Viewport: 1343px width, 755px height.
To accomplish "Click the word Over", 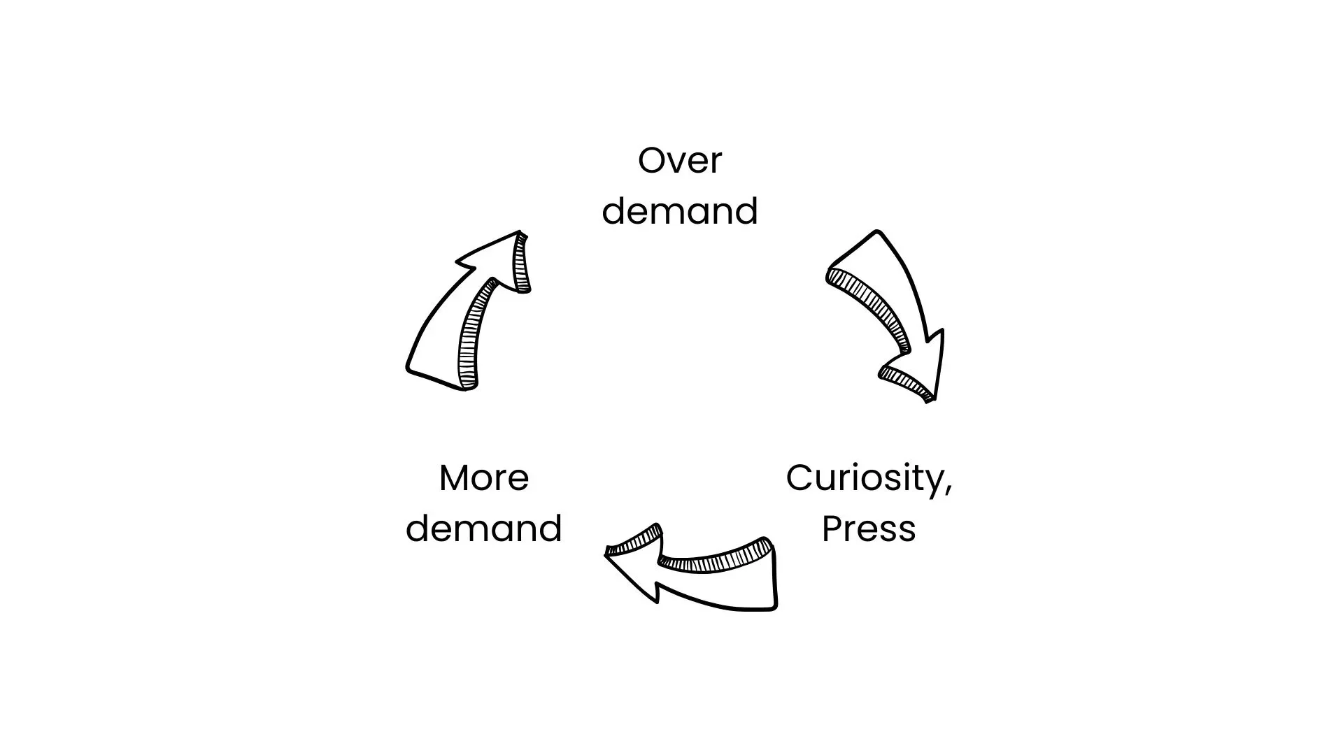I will pyautogui.click(x=679, y=161).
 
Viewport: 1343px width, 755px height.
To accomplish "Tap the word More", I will pyautogui.click(x=483, y=478).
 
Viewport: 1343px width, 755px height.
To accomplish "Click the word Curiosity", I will pyautogui.click(x=865, y=479).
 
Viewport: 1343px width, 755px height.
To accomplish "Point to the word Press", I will pyautogui.click(x=868, y=528).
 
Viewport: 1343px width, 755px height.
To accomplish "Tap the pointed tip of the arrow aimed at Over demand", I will pyautogui.click(x=519, y=233).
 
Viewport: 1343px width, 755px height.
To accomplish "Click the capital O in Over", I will pyautogui.click(x=651, y=161).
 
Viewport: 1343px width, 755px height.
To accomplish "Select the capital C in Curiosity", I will pyautogui.click(x=799, y=478).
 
